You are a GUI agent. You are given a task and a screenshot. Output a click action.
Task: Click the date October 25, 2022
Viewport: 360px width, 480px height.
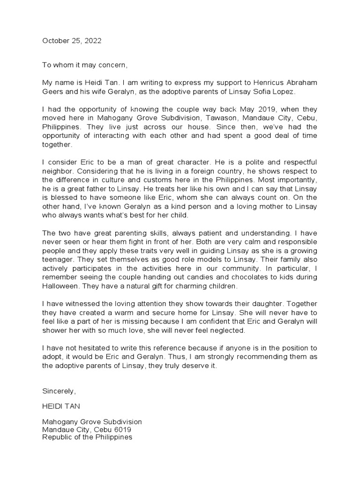[x=72, y=41]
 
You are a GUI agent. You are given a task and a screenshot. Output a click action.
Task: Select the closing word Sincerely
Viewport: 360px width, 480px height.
[x=59, y=390]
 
